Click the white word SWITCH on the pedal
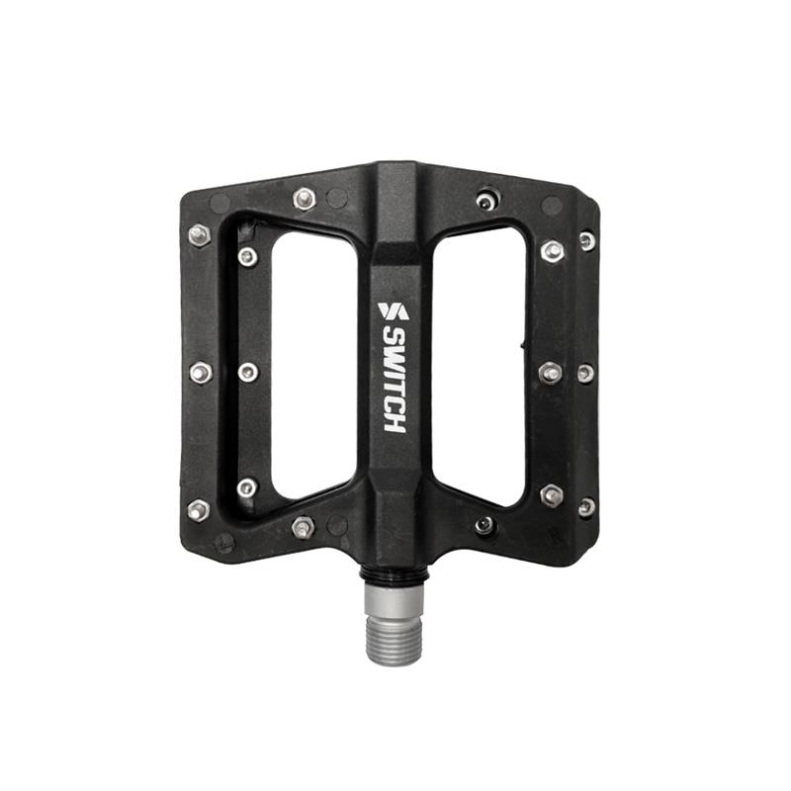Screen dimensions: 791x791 pyautogui.click(x=394, y=381)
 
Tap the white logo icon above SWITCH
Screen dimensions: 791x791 pyautogui.click(x=393, y=311)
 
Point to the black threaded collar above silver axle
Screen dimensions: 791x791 pyautogui.click(x=395, y=577)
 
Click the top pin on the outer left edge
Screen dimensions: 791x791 pyautogui.click(x=199, y=234)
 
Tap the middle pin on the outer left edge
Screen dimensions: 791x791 pyautogui.click(x=201, y=373)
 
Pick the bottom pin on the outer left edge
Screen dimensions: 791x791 pyautogui.click(x=198, y=510)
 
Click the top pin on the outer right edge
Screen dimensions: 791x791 pyautogui.click(x=587, y=240)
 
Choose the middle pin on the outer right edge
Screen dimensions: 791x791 pyautogui.click(x=585, y=373)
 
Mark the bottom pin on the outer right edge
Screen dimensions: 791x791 pyautogui.click(x=586, y=506)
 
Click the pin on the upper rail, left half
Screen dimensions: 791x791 pyautogui.click(x=305, y=199)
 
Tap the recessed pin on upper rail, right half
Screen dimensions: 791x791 pyautogui.click(x=484, y=201)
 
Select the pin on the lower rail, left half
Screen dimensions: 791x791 pyautogui.click(x=304, y=527)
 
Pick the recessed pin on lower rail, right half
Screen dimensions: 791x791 pyautogui.click(x=484, y=525)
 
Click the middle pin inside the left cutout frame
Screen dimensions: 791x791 pyautogui.click(x=248, y=372)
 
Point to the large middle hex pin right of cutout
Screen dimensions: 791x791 pyautogui.click(x=550, y=372)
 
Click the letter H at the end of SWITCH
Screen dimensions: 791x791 pyautogui.click(x=394, y=422)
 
